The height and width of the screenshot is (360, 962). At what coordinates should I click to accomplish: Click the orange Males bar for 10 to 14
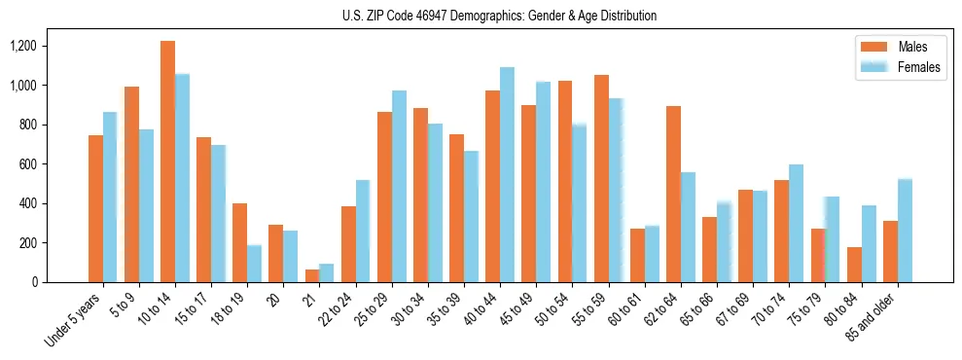167,162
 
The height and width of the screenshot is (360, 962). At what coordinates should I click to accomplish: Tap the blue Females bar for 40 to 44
507,175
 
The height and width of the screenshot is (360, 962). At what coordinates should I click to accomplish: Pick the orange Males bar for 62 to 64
673,195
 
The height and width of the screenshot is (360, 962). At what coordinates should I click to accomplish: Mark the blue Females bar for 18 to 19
254,264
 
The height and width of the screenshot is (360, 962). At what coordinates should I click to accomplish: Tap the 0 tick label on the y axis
62,282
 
